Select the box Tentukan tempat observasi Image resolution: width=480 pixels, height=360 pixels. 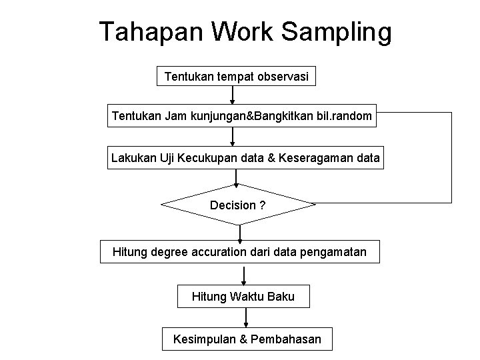236,77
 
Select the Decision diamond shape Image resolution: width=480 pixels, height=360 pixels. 237,205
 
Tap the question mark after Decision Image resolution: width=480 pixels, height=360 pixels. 263,205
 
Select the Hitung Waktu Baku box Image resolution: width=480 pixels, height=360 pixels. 243,296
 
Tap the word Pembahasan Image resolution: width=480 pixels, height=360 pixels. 287,339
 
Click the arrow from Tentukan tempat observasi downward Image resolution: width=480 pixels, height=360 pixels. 232,95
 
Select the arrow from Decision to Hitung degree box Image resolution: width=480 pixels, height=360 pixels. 240,232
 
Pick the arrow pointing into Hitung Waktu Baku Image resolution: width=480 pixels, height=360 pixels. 243,275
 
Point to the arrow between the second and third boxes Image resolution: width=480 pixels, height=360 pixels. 233,137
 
